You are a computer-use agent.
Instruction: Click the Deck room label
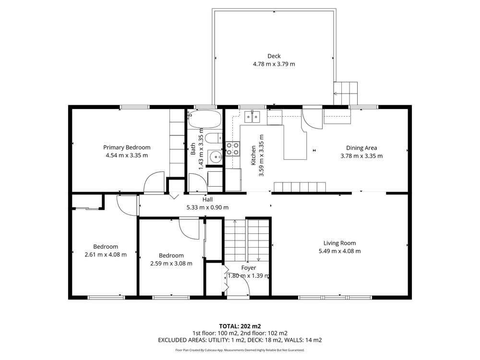click(274, 56)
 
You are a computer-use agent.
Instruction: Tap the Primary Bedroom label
click(127, 147)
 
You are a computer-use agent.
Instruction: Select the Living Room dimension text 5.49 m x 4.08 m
click(339, 251)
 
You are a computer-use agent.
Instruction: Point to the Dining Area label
click(361, 148)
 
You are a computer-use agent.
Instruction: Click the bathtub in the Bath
click(204, 120)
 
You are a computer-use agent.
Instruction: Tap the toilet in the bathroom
click(214, 138)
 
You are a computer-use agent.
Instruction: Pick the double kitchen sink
click(252, 116)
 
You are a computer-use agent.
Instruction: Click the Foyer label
click(249, 268)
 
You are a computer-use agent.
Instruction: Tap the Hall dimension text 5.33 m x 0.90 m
click(207, 207)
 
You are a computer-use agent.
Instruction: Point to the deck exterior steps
click(346, 93)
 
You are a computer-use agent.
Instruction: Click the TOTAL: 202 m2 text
click(240, 326)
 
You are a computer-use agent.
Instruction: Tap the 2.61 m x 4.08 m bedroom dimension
click(106, 254)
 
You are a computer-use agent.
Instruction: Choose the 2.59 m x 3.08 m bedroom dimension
click(171, 263)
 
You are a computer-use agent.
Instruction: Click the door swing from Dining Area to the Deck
click(312, 119)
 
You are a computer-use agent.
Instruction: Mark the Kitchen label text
click(253, 155)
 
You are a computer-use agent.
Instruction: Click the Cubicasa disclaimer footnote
click(240, 350)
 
